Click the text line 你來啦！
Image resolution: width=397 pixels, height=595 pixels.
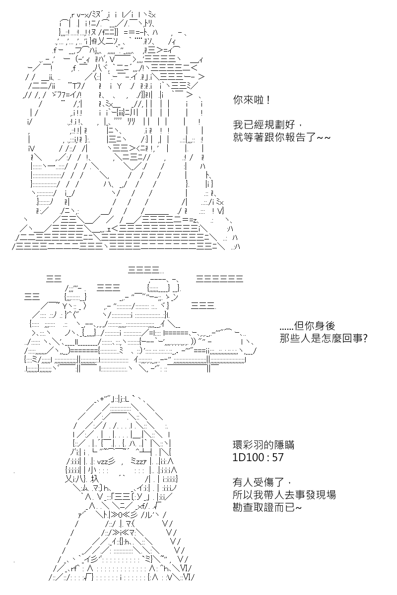[252, 100]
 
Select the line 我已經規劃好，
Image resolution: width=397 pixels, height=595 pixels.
[267, 124]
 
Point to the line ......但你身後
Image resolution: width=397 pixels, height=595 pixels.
[307, 326]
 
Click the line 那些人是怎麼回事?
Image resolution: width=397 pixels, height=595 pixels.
[324, 338]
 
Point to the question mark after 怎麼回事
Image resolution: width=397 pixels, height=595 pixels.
[365, 338]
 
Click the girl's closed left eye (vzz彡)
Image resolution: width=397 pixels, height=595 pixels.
[106, 462]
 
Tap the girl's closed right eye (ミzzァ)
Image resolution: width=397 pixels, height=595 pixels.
[138, 462]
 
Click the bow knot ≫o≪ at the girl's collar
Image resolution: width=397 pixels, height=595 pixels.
[120, 515]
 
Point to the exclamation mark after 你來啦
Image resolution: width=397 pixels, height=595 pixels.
[267, 100]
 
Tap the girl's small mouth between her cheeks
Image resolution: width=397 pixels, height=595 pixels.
[122, 475]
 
